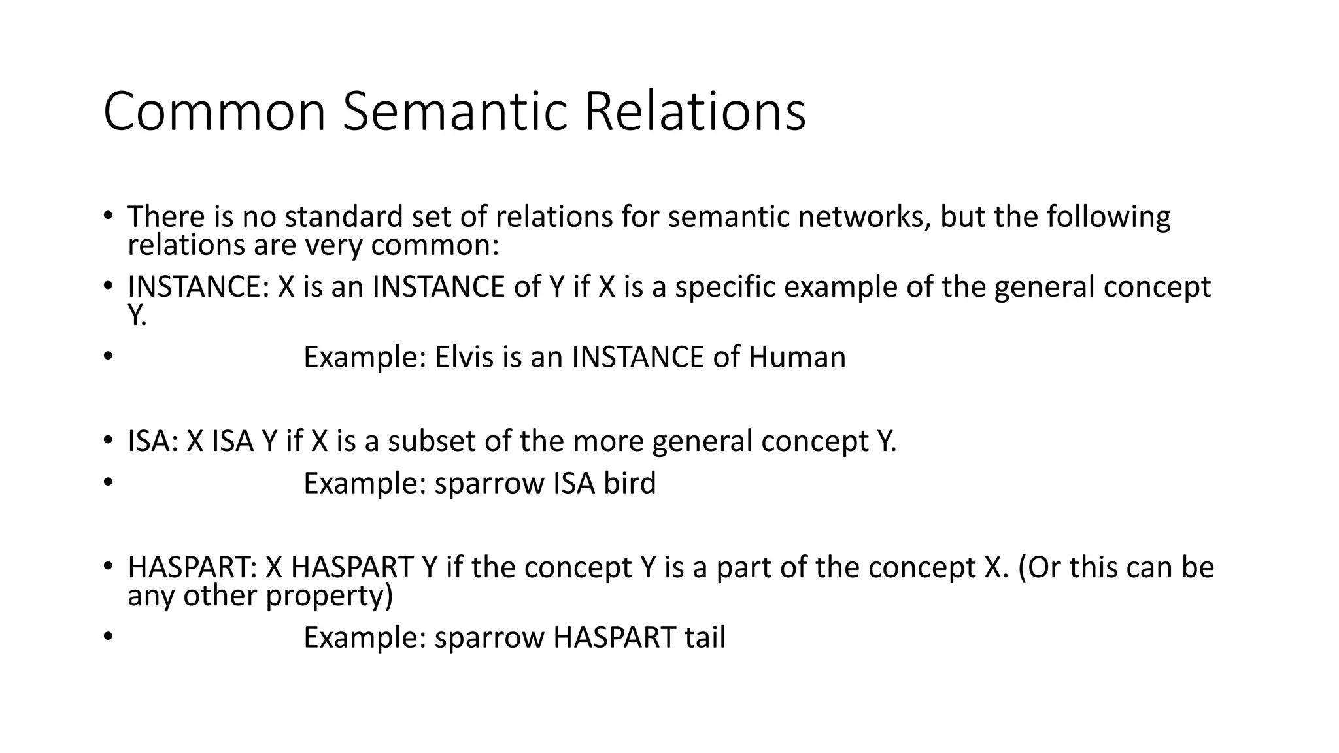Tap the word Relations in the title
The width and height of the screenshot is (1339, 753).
694,112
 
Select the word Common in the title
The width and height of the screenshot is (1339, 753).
214,112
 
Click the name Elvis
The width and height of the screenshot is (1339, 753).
464,357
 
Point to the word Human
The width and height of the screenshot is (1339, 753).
797,357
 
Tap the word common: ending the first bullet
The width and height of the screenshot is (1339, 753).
435,245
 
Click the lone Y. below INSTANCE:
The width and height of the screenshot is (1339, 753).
137,316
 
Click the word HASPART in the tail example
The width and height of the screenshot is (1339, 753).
614,637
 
